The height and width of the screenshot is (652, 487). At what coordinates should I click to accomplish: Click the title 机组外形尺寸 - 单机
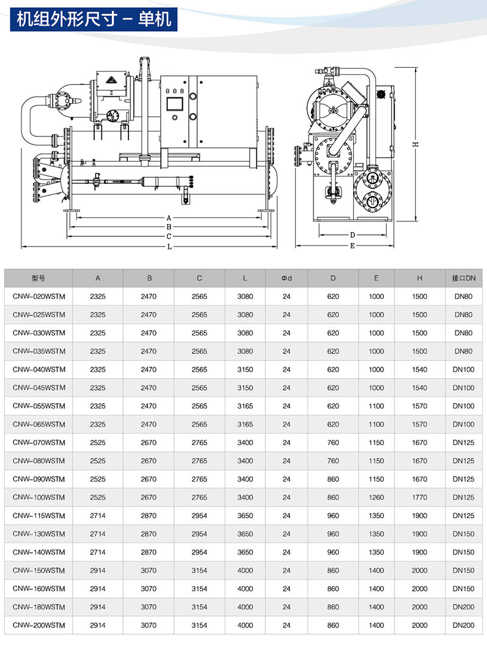94,19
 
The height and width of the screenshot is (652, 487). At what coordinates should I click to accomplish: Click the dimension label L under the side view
169,247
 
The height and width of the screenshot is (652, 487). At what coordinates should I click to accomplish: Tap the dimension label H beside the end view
415,144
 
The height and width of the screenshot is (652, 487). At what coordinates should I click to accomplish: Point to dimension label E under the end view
352,246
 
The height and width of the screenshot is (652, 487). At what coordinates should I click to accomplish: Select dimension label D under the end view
352,236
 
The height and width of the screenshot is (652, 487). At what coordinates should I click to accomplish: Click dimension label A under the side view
169,218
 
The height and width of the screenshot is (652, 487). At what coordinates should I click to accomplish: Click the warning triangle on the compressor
111,79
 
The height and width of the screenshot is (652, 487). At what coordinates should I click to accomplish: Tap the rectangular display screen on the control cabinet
175,103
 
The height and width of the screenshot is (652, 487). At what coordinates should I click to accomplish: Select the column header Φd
287,278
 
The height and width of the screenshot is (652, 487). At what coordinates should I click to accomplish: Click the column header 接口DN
463,278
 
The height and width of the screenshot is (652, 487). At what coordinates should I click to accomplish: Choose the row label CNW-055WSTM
39,406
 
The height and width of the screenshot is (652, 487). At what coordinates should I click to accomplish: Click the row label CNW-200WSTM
39,625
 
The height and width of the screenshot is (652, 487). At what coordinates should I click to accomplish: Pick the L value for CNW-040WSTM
245,370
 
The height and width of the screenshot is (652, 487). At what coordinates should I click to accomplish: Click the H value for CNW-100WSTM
419,497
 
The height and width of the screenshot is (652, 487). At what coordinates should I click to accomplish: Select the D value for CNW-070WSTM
333,443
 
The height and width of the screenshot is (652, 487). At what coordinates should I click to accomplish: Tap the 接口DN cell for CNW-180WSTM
463,607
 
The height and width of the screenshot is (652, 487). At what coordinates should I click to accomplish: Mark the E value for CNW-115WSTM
376,516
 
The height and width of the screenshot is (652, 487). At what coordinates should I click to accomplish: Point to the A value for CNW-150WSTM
98,570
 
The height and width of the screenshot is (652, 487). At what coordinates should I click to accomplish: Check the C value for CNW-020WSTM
199,296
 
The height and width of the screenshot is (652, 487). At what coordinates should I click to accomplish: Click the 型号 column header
38,278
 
